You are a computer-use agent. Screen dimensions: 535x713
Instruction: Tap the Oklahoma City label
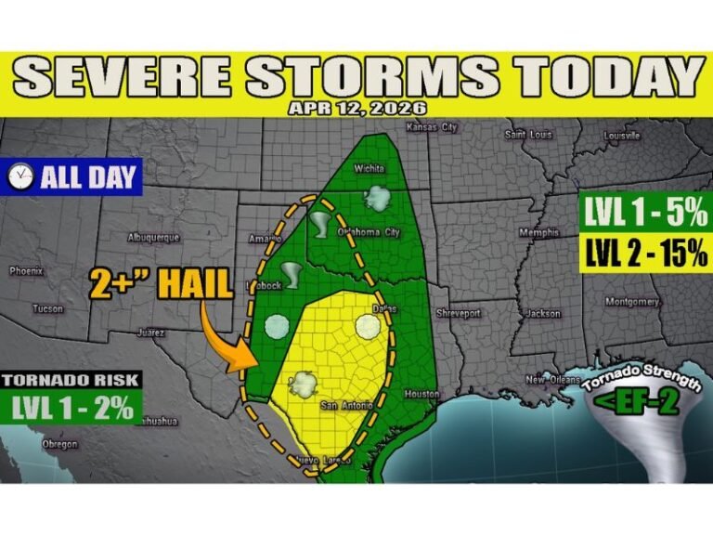[370, 232]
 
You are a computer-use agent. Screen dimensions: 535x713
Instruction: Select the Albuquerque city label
[153, 238]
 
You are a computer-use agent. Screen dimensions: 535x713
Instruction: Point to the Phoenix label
[26, 271]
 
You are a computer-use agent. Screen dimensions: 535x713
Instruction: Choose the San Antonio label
[345, 406]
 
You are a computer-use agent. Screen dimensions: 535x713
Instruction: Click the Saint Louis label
[528, 135]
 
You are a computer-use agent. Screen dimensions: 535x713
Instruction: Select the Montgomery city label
[631, 302]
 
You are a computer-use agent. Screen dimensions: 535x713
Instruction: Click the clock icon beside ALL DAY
[19, 175]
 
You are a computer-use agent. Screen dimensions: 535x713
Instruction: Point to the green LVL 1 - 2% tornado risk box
[72, 407]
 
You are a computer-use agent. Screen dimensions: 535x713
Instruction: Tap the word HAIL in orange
[194, 282]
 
